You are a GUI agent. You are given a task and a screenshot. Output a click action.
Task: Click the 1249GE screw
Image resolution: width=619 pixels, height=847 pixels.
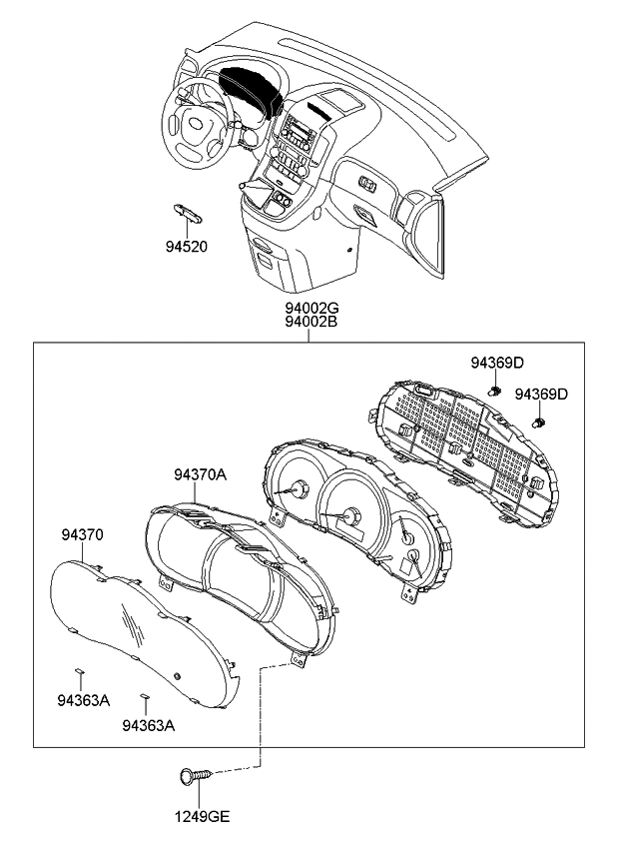(x=194, y=774)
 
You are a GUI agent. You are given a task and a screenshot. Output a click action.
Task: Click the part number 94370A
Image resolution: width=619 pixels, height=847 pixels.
(x=200, y=475)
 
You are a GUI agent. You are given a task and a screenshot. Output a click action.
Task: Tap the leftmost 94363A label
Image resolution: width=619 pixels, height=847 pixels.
(x=82, y=700)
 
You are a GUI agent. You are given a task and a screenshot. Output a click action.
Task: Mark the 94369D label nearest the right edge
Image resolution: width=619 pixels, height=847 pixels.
(x=541, y=395)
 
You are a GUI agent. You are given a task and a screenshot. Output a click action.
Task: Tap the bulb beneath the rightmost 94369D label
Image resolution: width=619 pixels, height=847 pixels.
(x=540, y=422)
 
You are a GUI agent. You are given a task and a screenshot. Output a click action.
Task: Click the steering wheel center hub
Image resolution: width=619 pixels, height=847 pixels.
(x=196, y=125)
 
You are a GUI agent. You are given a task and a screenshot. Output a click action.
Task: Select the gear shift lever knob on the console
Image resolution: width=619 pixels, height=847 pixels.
(x=242, y=186)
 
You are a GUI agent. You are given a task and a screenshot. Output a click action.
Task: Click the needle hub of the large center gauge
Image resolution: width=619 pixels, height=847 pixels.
(x=350, y=516)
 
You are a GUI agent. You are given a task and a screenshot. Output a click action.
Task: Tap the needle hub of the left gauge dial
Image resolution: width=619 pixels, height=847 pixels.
(x=296, y=490)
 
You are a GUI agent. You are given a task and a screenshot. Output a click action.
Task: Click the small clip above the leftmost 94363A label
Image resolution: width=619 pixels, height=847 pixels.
(x=80, y=672)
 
